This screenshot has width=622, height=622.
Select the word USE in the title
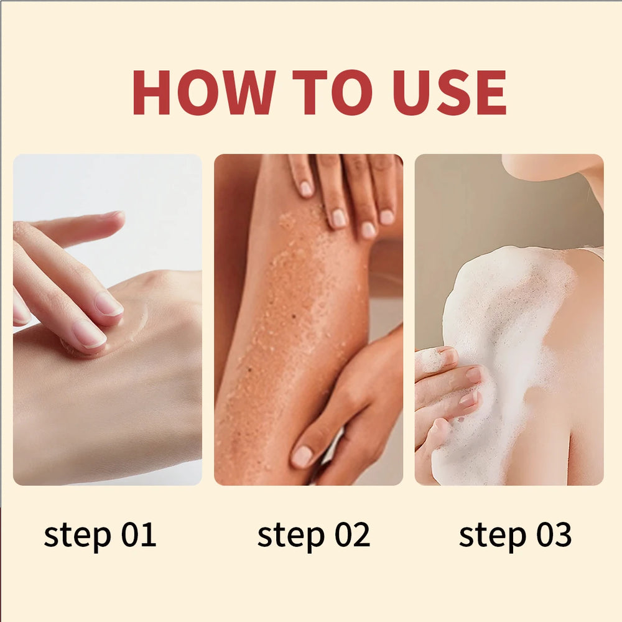450,93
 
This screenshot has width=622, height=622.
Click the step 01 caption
100,535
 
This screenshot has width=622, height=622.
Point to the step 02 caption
313,535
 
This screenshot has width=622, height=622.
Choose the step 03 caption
515,535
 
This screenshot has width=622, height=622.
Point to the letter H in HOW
151,93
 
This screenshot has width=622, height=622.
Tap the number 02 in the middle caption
350,535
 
